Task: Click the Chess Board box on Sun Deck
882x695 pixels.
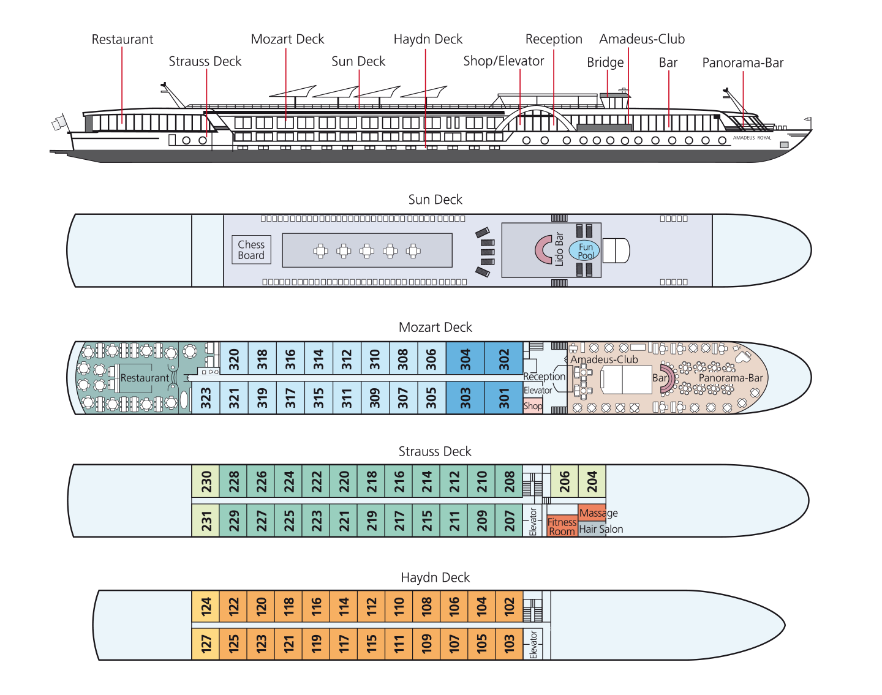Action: tap(251, 250)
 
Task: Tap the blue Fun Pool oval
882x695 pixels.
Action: tap(584, 251)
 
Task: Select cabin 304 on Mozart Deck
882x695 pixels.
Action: tap(465, 359)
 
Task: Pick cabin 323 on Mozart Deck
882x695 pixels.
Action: tap(206, 397)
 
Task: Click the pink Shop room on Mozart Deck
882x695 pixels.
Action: tap(533, 406)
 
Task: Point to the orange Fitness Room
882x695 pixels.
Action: tap(562, 526)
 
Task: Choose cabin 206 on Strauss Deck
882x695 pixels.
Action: tap(564, 481)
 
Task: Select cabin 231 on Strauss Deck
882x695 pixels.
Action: tap(206, 520)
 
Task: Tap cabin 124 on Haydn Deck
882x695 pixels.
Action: tap(206, 606)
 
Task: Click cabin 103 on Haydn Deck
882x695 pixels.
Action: tap(509, 644)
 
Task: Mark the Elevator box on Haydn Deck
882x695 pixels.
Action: tap(533, 644)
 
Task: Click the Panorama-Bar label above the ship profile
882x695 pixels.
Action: tap(742, 62)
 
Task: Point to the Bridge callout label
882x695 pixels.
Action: tap(605, 62)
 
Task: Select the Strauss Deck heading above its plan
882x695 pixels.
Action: tap(435, 451)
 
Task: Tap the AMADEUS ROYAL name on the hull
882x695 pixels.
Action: tap(752, 138)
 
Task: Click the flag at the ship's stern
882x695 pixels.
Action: tap(59, 122)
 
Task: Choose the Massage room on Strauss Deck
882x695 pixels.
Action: tap(592, 513)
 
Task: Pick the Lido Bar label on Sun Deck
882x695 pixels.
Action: tap(559, 250)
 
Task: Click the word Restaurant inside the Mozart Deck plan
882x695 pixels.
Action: tap(145, 378)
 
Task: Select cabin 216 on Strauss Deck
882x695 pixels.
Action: tap(399, 481)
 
